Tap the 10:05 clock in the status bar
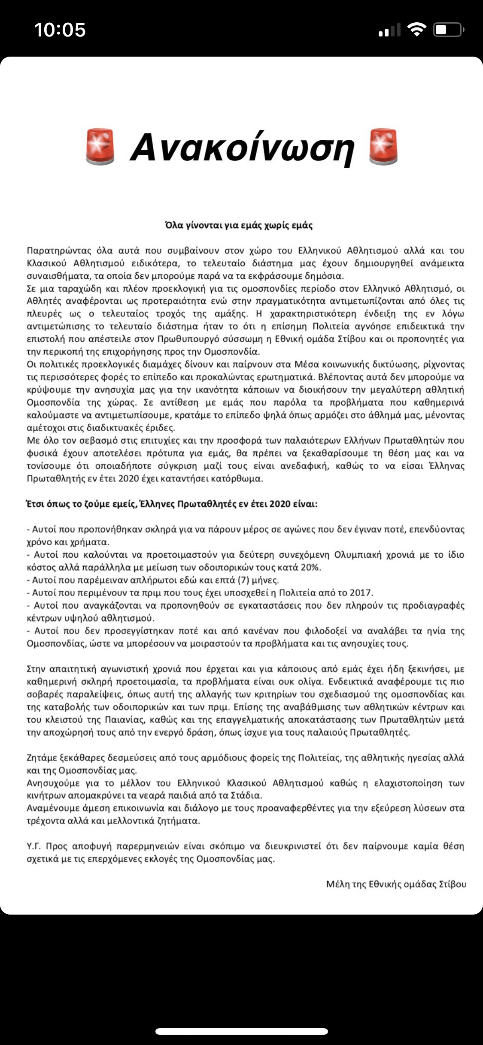[x=60, y=30]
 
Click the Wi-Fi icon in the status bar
[x=416, y=30]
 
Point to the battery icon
[x=448, y=30]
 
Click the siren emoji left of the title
[x=100, y=147]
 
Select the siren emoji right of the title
[x=383, y=147]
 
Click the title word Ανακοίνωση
[x=242, y=148]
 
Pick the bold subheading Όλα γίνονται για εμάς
[x=239, y=225]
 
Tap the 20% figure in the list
[x=310, y=568]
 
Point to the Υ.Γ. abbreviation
[x=33, y=846]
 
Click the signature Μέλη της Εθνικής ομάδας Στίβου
[x=396, y=885]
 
